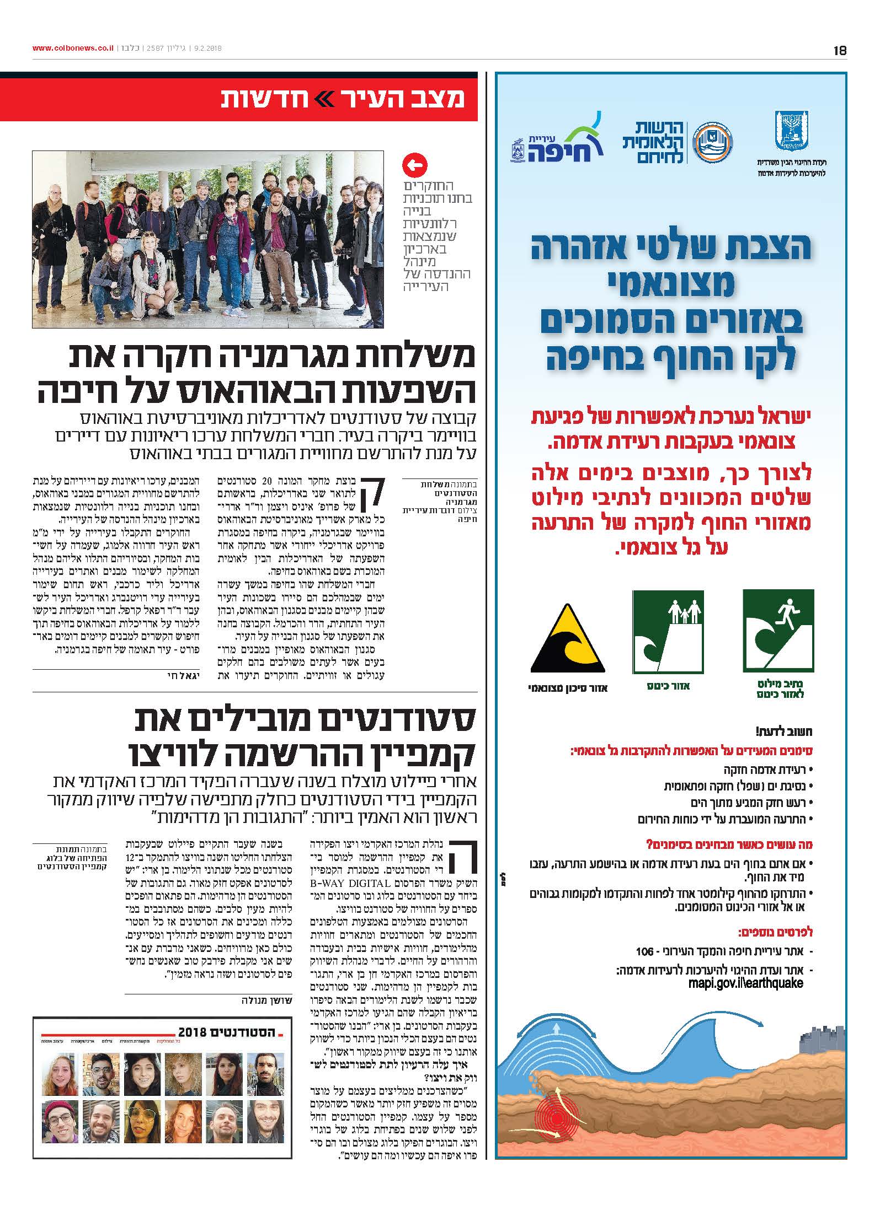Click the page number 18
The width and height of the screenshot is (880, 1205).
pyautogui.click(x=840, y=51)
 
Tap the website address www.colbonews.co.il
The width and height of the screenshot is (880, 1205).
pyautogui.click(x=73, y=49)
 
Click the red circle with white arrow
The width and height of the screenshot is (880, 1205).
pyautogui.click(x=415, y=165)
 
